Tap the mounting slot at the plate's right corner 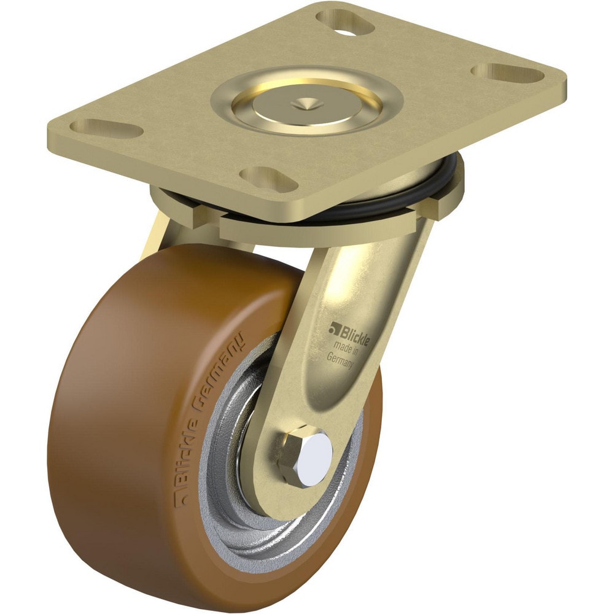pos(508,76)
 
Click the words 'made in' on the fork pos(348,349)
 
